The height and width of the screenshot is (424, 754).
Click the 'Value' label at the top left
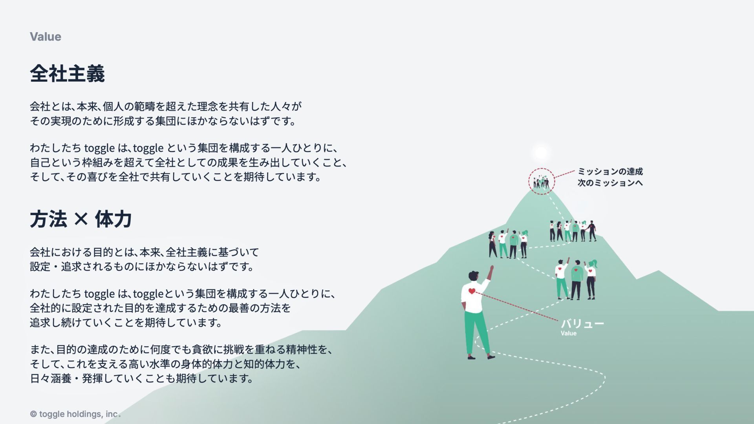point(46,37)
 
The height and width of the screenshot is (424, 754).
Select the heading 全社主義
point(67,74)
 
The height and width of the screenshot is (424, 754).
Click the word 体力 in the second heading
point(113,219)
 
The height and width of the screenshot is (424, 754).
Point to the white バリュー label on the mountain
point(582,324)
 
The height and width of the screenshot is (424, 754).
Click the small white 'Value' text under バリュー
point(568,334)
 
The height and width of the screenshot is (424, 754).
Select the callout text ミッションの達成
point(610,172)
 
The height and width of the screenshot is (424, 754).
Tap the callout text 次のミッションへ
point(610,183)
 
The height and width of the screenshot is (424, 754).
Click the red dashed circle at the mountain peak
point(541,181)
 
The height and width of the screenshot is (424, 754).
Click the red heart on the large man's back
point(472,291)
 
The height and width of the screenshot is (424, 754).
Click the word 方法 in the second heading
point(48,219)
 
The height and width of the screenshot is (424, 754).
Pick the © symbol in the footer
point(33,414)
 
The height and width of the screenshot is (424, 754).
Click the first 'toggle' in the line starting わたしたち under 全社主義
point(99,148)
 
